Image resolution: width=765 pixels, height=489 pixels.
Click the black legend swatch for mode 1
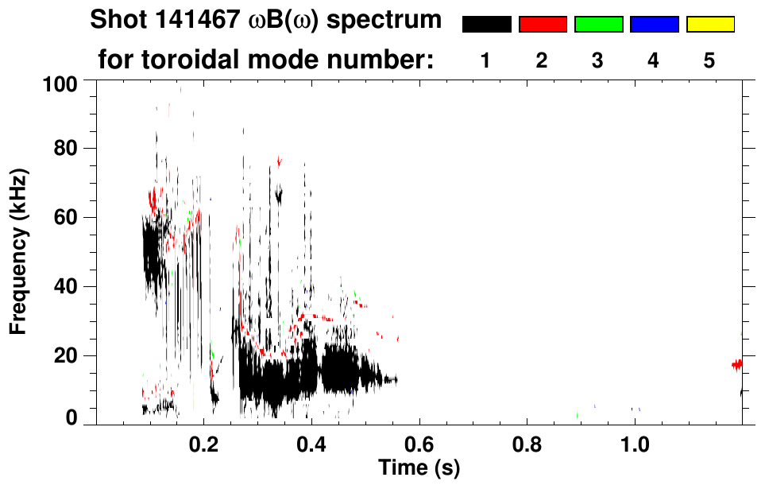coord(486,25)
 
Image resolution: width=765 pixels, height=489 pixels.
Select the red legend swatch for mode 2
coord(543,25)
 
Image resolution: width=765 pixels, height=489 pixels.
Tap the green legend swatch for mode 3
coord(598,25)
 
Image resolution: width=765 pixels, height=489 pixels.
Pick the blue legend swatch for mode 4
coord(654,25)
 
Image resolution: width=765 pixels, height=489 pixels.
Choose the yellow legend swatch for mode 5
coord(709,25)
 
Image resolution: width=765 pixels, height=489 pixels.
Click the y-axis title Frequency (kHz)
coord(18,251)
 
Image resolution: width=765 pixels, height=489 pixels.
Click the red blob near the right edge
coord(737,364)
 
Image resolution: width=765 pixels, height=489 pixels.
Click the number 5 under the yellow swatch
coord(709,60)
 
